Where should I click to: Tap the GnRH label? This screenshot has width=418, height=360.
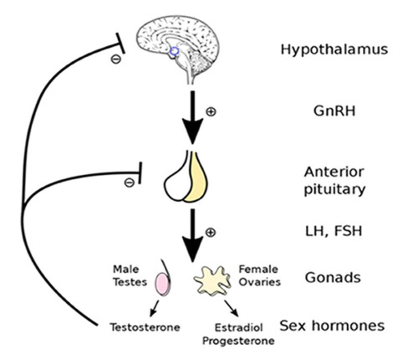334,111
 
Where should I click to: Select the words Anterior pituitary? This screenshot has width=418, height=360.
334,181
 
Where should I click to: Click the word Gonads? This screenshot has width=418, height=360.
333,277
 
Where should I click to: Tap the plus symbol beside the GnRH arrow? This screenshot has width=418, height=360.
211,112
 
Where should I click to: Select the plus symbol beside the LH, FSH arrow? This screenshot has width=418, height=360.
211,232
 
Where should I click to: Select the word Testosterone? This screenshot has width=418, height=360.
145,327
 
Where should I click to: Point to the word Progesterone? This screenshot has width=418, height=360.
238,341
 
